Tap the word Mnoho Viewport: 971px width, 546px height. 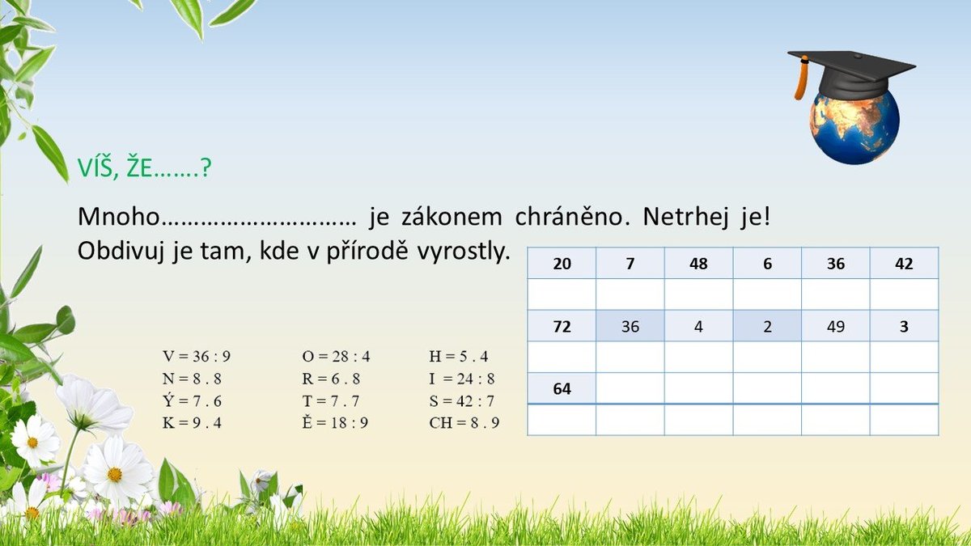119,216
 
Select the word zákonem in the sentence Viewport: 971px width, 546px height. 452,216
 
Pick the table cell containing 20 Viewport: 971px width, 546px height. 562,263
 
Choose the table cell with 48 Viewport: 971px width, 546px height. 698,263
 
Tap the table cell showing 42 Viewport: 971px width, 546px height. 905,263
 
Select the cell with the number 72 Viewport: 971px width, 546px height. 562,326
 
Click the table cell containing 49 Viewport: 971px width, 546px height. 836,326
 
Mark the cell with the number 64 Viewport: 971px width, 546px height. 562,388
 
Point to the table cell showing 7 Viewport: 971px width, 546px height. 630,263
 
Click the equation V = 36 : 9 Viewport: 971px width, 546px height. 197,356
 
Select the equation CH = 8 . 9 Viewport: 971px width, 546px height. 464,422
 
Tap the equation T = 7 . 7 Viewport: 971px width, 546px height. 331,401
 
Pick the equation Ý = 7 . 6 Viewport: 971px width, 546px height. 192,400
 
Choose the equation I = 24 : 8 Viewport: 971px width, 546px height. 462,379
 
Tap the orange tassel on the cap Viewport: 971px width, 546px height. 801,78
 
